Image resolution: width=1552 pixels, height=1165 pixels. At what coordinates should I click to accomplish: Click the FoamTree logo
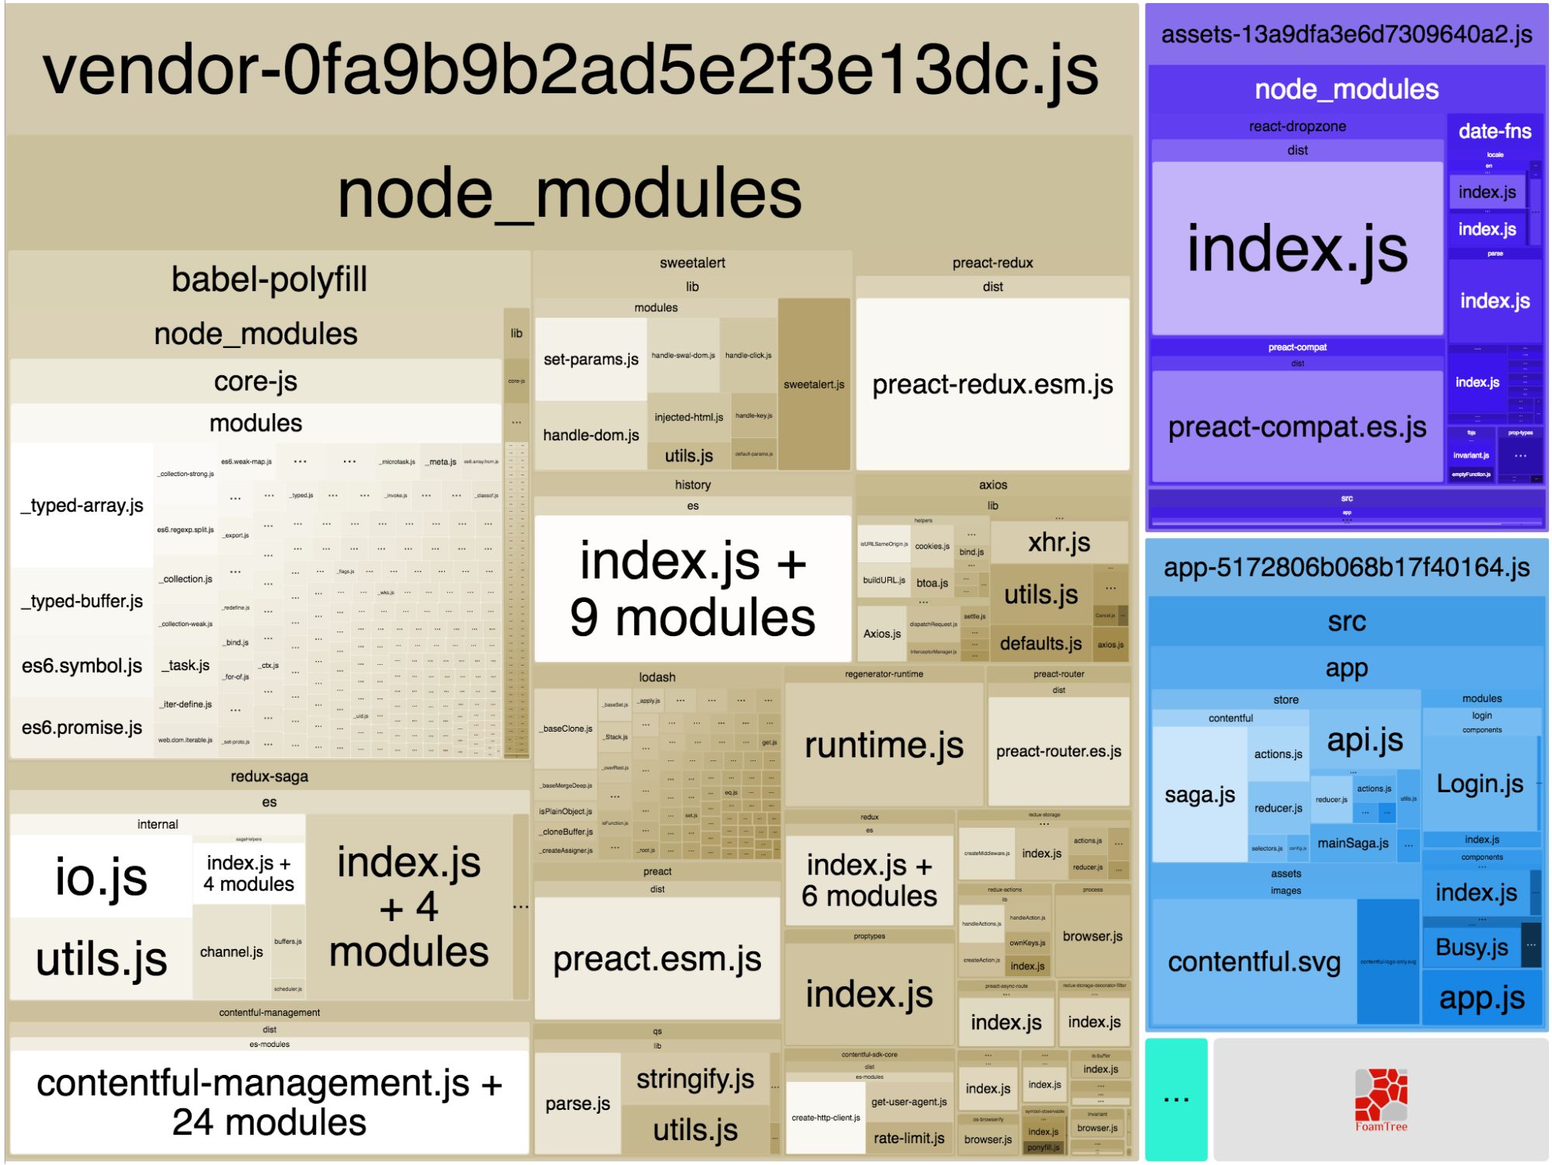pyautogui.click(x=1380, y=1100)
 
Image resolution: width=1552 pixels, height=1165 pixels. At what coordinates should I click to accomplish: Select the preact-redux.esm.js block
pyautogui.click(x=992, y=384)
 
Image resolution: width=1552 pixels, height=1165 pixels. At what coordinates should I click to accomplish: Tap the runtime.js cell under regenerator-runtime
pyautogui.click(x=884, y=745)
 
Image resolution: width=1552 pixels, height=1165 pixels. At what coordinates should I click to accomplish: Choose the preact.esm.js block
pyautogui.click(x=657, y=958)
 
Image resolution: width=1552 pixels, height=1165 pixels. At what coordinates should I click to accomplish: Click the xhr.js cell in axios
pyautogui.click(x=1059, y=542)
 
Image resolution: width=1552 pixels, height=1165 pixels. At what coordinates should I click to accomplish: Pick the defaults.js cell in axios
pyautogui.click(x=1040, y=643)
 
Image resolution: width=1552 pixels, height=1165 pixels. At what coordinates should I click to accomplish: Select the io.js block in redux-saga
pyautogui.click(x=101, y=877)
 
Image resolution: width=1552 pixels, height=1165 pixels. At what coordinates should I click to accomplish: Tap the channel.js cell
pyautogui.click(x=231, y=951)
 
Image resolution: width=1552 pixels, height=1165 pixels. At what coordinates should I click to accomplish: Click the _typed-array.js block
pyautogui.click(x=82, y=506)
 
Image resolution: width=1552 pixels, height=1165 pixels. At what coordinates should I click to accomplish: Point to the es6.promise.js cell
pyautogui.click(x=82, y=728)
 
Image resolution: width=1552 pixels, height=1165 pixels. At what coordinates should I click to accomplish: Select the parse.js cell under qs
pyautogui.click(x=578, y=1103)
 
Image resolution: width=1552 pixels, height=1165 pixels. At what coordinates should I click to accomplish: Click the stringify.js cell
pyautogui.click(x=695, y=1078)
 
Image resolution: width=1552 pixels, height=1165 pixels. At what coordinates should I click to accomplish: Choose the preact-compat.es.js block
pyautogui.click(x=1297, y=426)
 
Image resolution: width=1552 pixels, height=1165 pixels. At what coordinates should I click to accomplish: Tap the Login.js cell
pyautogui.click(x=1480, y=783)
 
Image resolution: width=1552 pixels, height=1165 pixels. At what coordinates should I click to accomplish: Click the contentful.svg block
pyautogui.click(x=1254, y=962)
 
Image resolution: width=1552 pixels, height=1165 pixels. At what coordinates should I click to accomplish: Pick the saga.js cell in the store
pyautogui.click(x=1200, y=795)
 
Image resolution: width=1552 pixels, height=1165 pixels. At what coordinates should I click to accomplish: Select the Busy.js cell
pyautogui.click(x=1471, y=947)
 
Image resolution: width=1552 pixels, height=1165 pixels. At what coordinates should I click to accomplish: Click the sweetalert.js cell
pyautogui.click(x=814, y=384)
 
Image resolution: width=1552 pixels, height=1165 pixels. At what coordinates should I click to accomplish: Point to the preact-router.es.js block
pyautogui.click(x=1058, y=751)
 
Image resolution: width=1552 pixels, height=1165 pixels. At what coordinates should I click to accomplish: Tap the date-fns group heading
pyautogui.click(x=1495, y=131)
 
